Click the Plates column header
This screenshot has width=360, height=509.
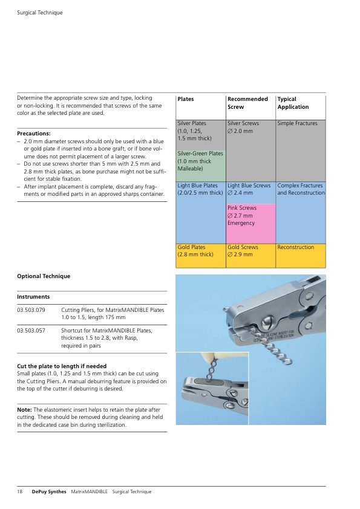coord(186,99)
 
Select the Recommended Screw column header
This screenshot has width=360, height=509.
coord(247,103)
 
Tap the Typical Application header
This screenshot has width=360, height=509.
coord(293,103)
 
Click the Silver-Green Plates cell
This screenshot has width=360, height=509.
coord(201,166)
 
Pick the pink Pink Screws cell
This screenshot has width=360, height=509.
coord(251,223)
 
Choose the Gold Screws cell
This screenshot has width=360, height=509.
coord(251,256)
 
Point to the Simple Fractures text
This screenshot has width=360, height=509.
coord(297,123)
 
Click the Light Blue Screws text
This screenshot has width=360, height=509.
coord(249,186)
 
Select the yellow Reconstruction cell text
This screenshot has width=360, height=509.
coord(296,247)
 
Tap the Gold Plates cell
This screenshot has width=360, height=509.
coord(201,256)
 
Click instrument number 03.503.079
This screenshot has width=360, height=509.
coord(31,310)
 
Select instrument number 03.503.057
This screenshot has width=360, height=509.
coord(31,331)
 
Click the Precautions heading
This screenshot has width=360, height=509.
coord(34,134)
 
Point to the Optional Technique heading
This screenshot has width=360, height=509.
coord(44,276)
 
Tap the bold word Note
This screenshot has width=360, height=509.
coord(24,410)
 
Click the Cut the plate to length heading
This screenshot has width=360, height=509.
coord(62,366)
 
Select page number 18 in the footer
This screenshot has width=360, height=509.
coord(20,491)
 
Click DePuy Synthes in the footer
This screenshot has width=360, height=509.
coord(49,492)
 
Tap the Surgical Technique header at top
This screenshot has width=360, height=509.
coord(40,13)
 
